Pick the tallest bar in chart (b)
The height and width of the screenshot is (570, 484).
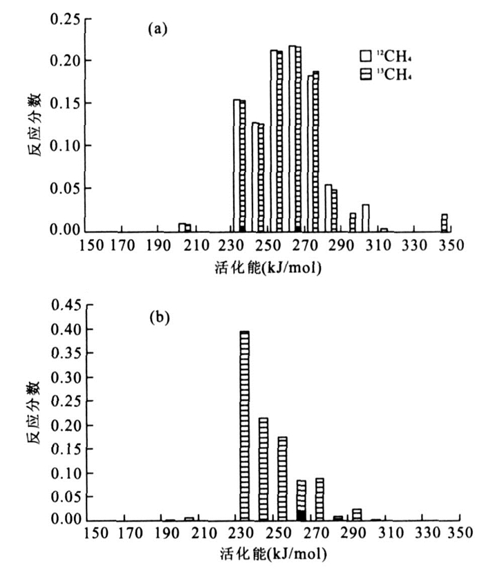click(244, 425)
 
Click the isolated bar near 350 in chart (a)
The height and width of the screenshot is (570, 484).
click(444, 222)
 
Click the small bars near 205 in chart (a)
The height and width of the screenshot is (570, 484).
click(185, 227)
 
